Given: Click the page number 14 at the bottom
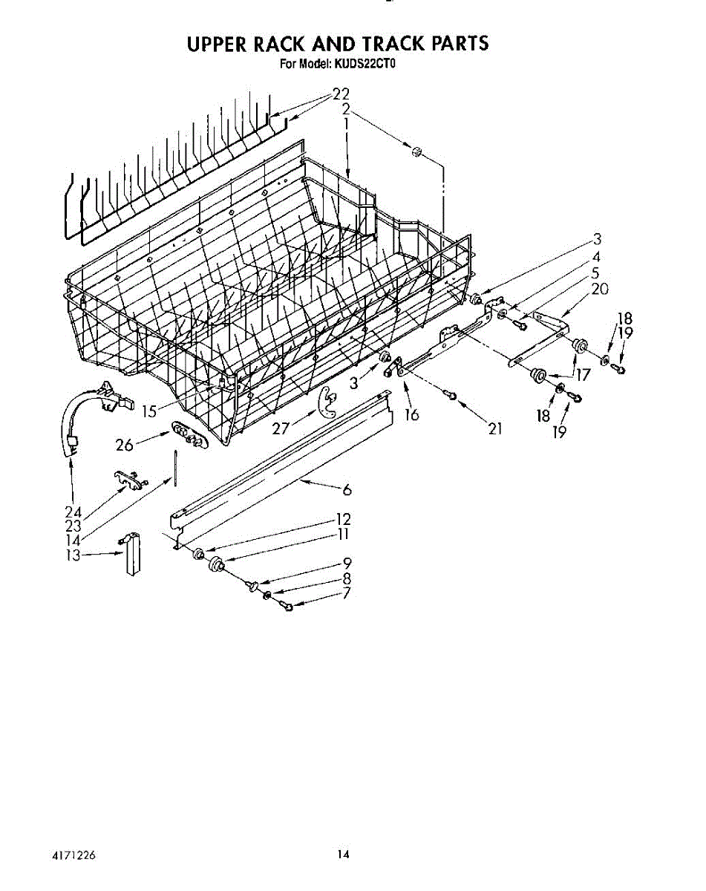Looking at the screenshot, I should [342, 855].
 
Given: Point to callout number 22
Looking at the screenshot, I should [340, 94].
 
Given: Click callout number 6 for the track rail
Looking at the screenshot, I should [346, 490].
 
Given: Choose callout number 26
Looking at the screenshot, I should [124, 446].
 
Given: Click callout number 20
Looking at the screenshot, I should [600, 290].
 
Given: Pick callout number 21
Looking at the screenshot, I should [495, 428].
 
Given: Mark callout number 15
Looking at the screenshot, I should [149, 410].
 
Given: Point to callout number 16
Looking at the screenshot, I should [412, 415].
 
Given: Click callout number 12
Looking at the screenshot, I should [342, 519].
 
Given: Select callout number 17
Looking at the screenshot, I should [583, 376].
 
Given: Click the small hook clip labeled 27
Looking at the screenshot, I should [324, 401].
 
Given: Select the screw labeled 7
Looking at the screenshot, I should [287, 607].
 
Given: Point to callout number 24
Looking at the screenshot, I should [73, 512].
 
